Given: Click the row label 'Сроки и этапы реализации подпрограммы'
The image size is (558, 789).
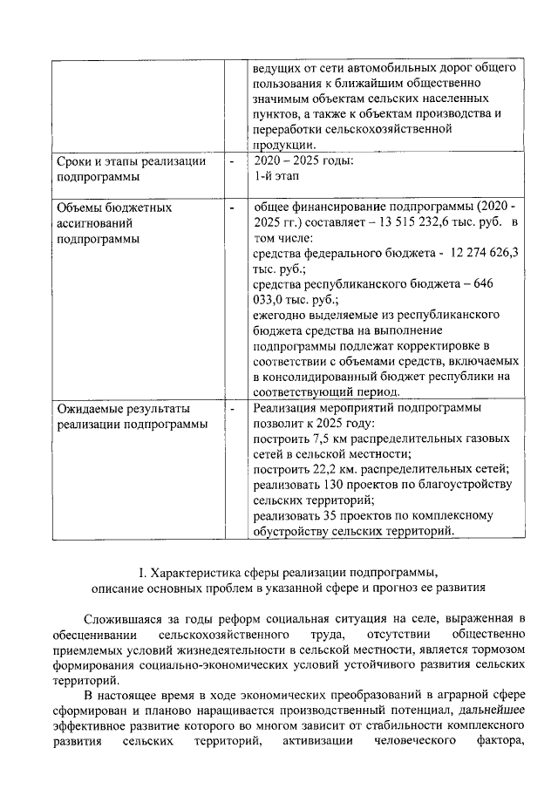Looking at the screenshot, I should [131, 168].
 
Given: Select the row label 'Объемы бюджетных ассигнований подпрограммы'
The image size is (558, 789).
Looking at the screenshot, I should [114, 223].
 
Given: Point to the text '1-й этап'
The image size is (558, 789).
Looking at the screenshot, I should [275, 176].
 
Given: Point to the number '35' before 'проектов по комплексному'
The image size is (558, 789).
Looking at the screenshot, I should [330, 516].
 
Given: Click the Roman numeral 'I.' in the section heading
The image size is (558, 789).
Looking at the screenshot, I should [143, 572].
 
